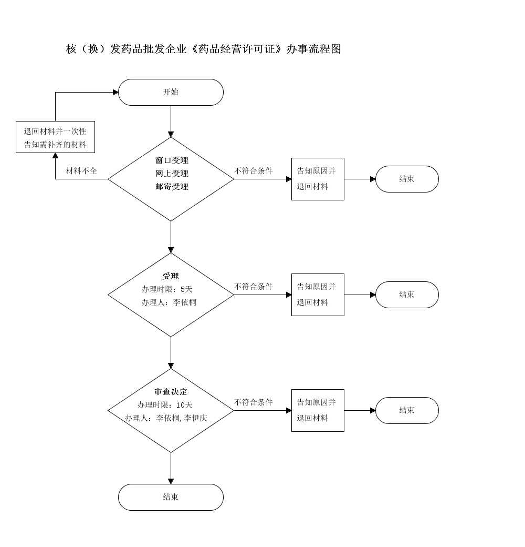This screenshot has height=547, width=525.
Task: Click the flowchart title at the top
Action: point(204,49)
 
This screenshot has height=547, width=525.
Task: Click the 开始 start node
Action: point(171,92)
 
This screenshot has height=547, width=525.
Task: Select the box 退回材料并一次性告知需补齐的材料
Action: point(55,138)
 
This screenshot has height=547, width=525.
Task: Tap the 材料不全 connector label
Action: point(81,171)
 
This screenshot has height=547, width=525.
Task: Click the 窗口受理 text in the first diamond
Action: point(172,160)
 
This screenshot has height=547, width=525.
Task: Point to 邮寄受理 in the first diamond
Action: point(172,187)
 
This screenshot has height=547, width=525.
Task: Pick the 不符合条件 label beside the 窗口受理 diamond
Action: point(254,171)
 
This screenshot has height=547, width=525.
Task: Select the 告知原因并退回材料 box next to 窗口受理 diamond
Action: point(318,179)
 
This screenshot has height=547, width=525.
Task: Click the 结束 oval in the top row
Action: point(407,179)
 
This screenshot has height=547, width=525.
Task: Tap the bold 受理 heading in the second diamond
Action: point(171,276)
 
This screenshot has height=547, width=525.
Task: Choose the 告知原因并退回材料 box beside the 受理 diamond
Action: point(318,295)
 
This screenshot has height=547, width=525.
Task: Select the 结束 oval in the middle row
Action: point(407,295)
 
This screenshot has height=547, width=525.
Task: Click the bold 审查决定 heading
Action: point(171,392)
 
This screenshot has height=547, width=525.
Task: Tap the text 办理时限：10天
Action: point(165,405)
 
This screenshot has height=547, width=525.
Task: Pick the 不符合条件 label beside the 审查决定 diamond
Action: point(254,403)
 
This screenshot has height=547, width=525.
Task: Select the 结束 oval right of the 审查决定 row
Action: point(407,410)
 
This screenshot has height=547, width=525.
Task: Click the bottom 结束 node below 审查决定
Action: point(171,497)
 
